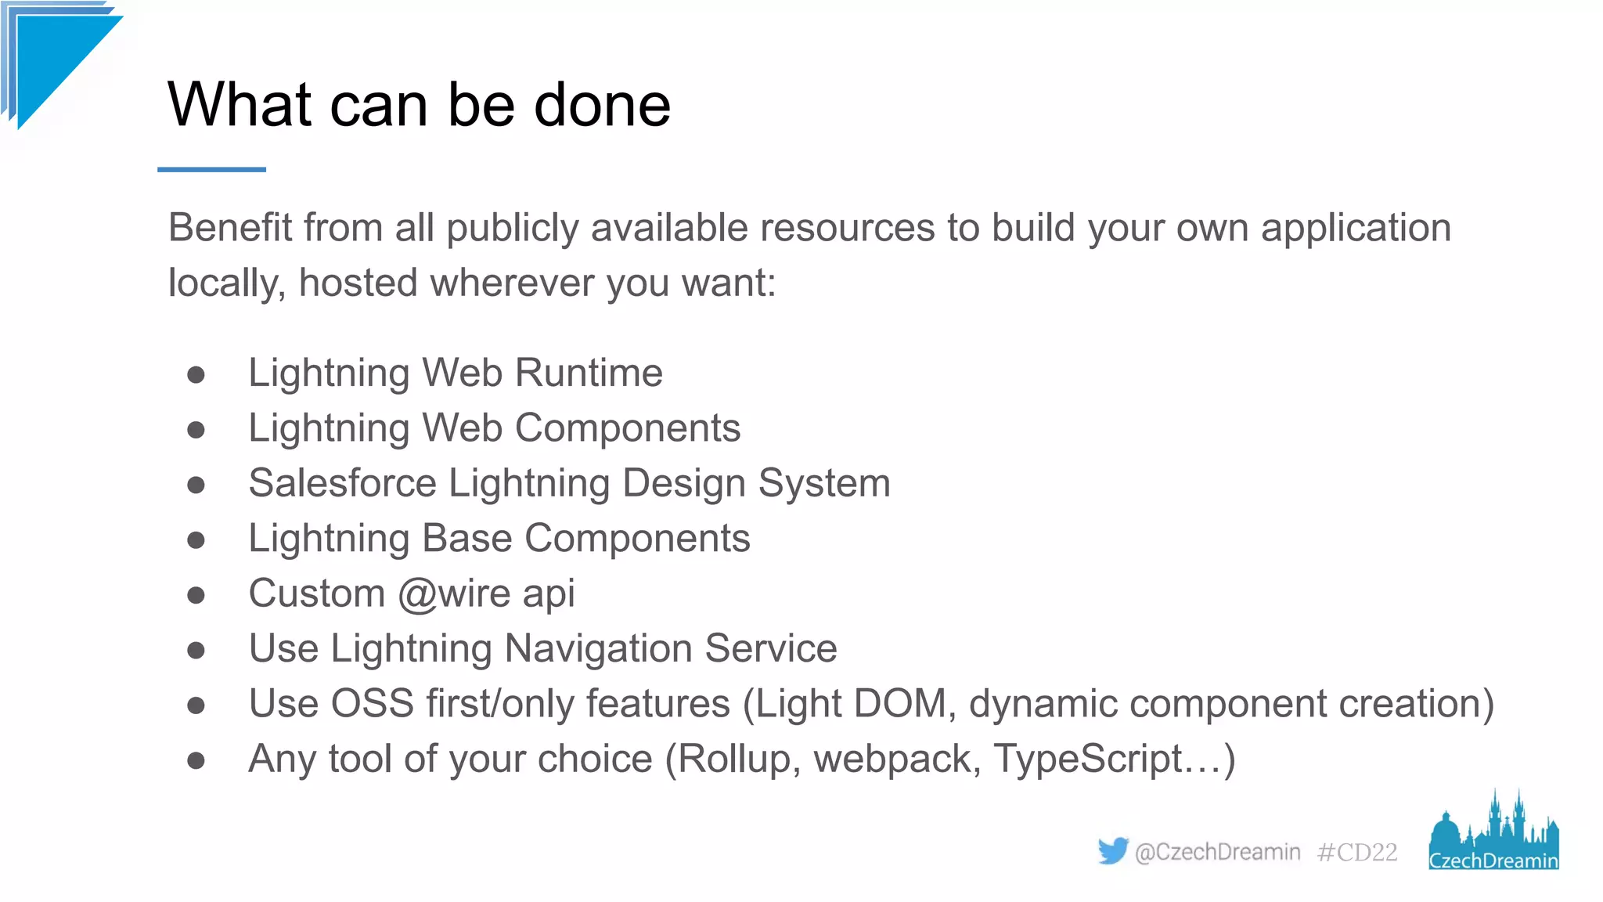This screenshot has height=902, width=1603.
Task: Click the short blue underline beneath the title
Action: click(211, 169)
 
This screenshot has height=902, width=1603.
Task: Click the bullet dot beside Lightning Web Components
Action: click(196, 430)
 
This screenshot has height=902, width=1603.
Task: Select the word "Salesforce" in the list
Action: click(342, 483)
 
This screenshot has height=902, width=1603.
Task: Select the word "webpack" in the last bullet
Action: click(892, 759)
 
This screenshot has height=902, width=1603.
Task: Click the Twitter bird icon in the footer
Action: click(1112, 850)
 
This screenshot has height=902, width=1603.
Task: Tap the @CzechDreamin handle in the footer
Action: click(1217, 852)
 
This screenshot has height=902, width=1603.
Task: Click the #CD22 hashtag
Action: click(1357, 852)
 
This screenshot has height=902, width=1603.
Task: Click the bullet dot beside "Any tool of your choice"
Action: click(196, 760)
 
